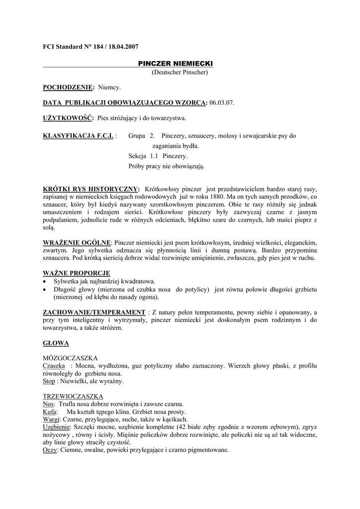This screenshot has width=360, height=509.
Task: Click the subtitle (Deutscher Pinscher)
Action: coord(180,73)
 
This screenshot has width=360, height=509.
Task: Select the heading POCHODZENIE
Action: coord(68,87)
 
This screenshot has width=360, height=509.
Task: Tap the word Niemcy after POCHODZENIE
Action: coord(109,87)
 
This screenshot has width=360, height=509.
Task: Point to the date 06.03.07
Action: coord(221,103)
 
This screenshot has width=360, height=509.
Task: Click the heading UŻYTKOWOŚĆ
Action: coord(68,118)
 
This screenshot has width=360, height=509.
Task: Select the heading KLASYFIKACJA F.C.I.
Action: coord(78,136)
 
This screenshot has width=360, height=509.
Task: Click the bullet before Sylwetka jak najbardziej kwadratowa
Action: coord(45,281)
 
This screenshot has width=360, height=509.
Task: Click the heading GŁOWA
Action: coord(56,343)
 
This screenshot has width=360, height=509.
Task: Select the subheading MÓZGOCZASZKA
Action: coord(70,358)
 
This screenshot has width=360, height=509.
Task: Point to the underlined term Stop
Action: coord(48,381)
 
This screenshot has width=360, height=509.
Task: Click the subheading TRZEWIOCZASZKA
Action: coord(73,396)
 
